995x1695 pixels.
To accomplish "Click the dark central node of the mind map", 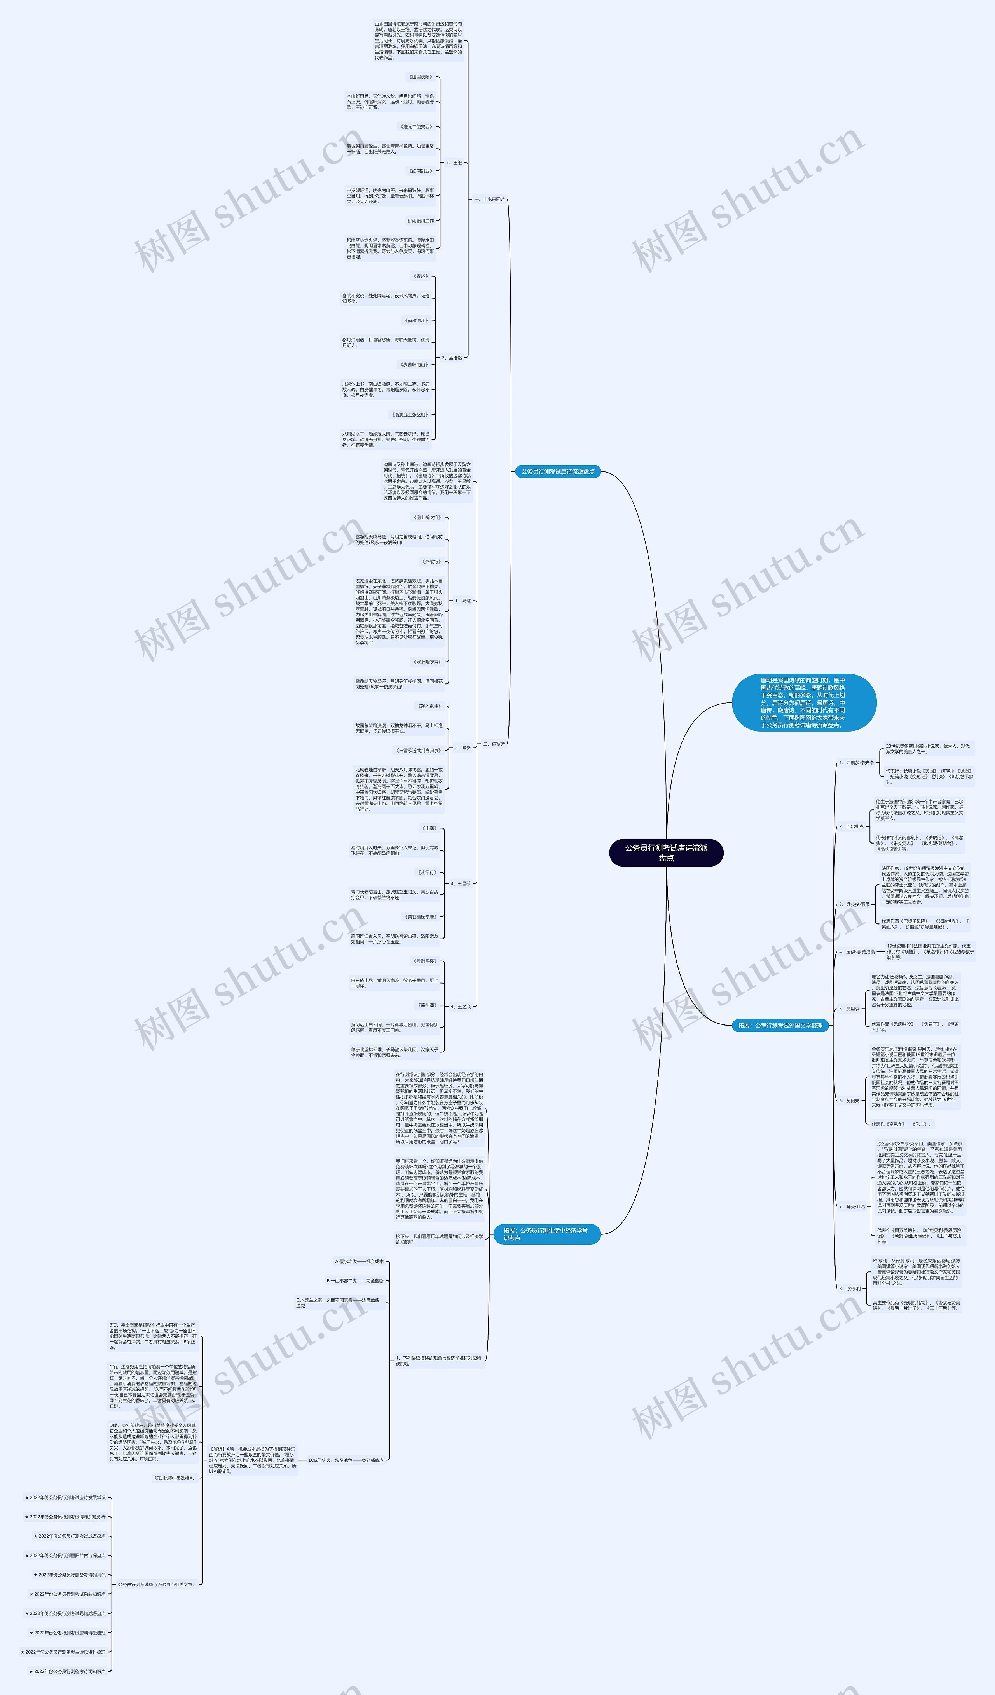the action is [x=666, y=852].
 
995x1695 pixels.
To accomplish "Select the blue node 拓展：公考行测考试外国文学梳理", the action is [x=780, y=1025].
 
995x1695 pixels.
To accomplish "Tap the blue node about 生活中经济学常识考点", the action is [x=546, y=1234].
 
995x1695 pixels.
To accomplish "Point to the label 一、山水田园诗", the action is [x=489, y=200].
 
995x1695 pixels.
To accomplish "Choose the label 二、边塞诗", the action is [x=494, y=744].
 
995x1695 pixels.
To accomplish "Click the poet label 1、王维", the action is [x=454, y=163].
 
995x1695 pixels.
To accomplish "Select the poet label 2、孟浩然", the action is [x=452, y=358].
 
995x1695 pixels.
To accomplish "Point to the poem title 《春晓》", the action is [x=421, y=277].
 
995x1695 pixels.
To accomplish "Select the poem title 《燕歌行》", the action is [x=431, y=562].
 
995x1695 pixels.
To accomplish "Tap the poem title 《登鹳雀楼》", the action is [x=425, y=961].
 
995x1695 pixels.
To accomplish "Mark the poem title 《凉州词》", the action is [x=428, y=1005].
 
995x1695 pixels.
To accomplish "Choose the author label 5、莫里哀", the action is [x=849, y=1009].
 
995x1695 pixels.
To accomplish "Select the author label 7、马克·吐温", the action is [x=852, y=1206].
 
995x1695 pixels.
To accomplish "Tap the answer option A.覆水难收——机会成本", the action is [x=359, y=1261].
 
